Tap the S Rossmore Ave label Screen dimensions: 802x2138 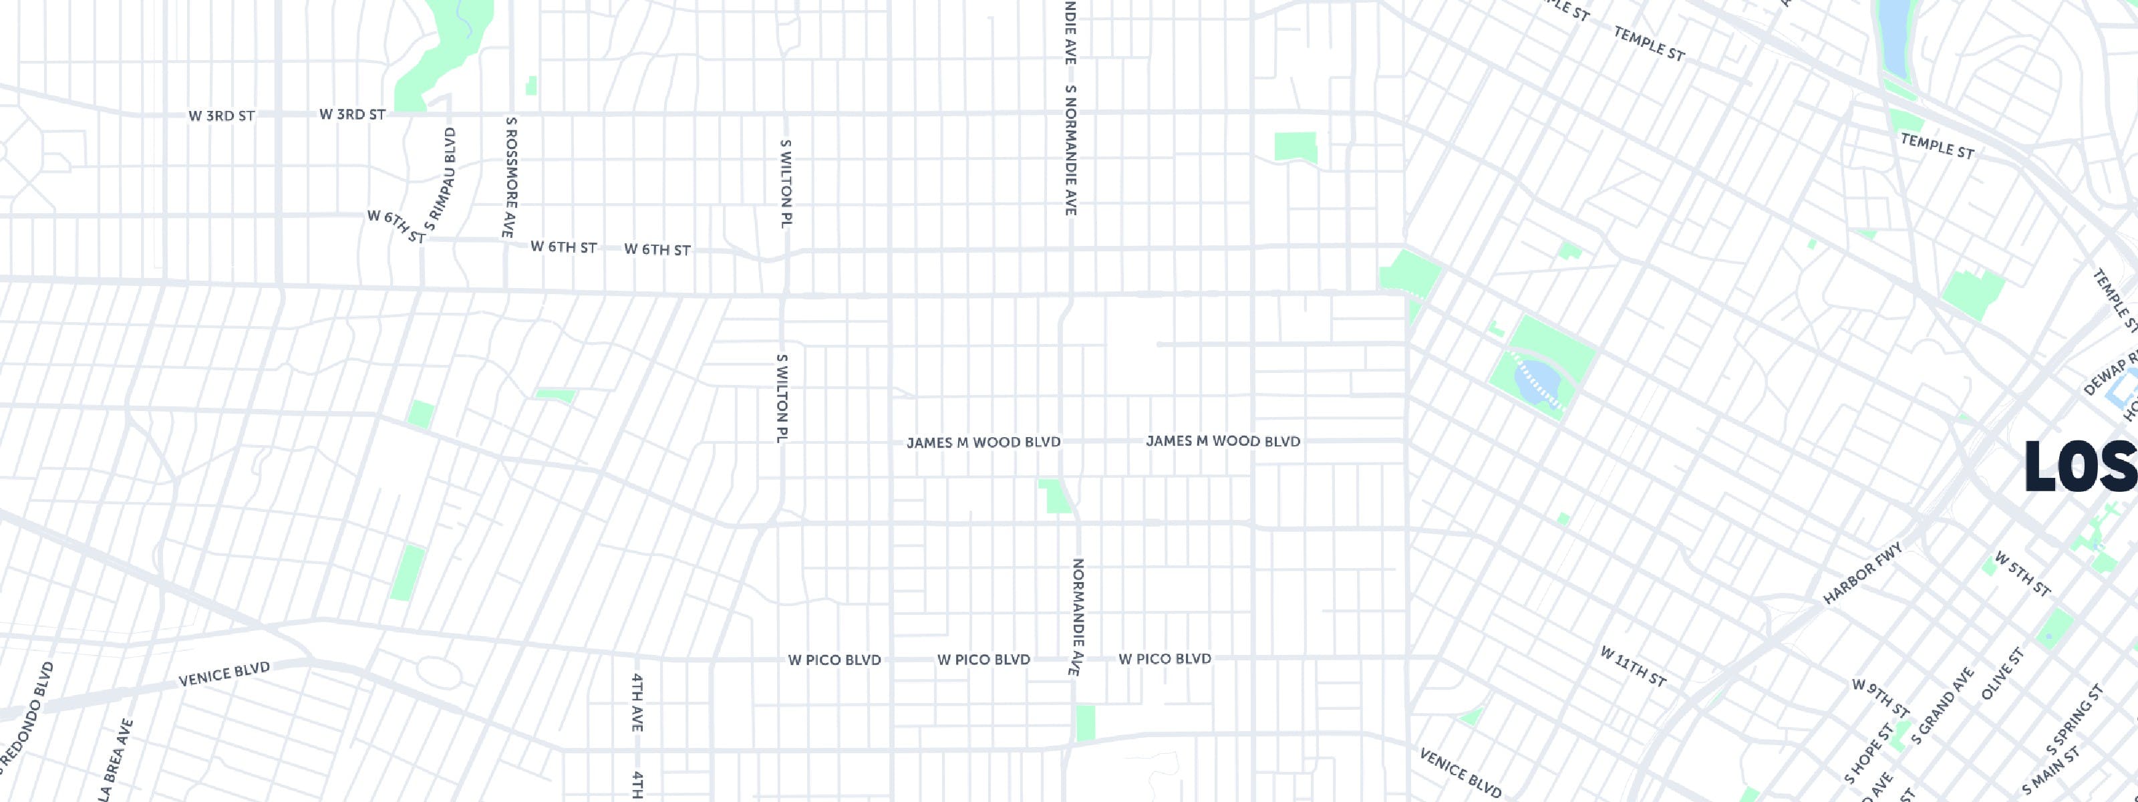pos(510,177)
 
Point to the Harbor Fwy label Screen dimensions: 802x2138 pos(1861,573)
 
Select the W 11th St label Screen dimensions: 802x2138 pos(1632,667)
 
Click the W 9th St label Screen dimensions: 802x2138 pos(1881,698)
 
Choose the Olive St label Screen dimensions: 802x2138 pos(2003,673)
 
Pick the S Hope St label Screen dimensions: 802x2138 pos(1869,753)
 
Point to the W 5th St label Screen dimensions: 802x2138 pos(2022,573)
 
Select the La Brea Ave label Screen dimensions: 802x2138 pos(116,760)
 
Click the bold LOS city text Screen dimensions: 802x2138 pos(2080,466)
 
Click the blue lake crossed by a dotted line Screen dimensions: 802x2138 pos(1536,383)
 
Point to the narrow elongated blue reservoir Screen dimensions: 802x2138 pos(1894,37)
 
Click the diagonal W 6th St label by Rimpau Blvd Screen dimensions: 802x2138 pos(396,227)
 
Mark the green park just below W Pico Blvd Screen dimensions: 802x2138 pos(1085,722)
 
